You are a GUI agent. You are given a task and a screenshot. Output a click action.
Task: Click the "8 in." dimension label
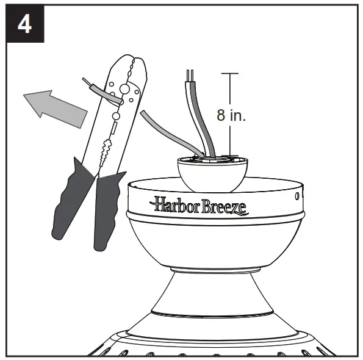(231, 116)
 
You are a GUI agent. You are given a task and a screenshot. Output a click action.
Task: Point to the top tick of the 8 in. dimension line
(229, 74)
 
